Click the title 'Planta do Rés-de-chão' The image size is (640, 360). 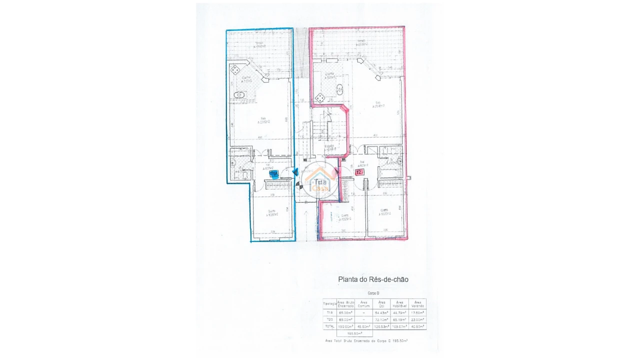373,279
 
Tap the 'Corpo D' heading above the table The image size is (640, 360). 373,293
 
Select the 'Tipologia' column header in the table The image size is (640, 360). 329,303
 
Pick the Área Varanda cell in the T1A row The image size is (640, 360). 417,313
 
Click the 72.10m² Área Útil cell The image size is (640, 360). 382,319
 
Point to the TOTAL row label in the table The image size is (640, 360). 329,326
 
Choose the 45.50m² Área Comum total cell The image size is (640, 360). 364,326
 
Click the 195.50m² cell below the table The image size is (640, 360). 354,333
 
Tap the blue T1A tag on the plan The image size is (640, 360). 274,173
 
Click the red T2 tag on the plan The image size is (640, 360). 359,172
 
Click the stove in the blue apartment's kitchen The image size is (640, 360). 234,69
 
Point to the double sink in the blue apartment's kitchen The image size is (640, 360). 239,94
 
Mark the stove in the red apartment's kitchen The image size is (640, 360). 320,98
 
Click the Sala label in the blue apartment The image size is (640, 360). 263,120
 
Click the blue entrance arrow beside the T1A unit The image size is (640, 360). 295,172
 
